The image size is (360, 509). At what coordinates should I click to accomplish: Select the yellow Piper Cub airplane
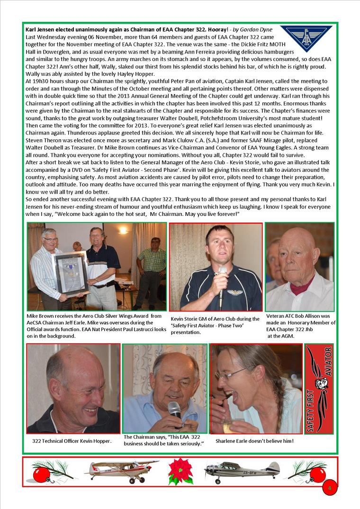click(x=121, y=469)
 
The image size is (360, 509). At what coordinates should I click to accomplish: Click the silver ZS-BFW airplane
click(x=242, y=471)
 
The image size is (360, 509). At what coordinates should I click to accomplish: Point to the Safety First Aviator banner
click(x=318, y=388)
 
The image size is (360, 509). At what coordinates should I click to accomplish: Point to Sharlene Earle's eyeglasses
click(x=231, y=375)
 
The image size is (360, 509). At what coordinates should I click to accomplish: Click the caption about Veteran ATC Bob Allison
click(x=300, y=326)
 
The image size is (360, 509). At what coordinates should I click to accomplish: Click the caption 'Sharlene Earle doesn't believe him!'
click(x=254, y=441)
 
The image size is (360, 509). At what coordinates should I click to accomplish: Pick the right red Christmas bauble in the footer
click(x=317, y=474)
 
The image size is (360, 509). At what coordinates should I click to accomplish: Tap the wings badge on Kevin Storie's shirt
click(x=234, y=292)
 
